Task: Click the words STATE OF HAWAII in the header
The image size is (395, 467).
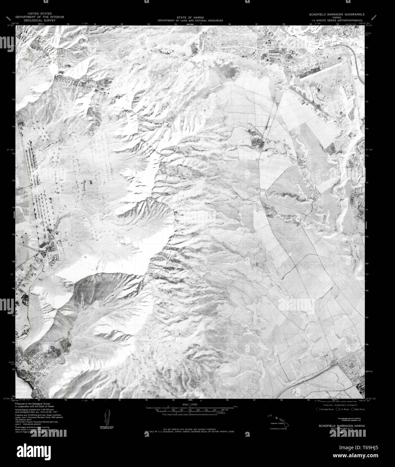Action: click(x=190, y=17)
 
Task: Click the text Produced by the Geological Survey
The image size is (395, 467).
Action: click(x=35, y=404)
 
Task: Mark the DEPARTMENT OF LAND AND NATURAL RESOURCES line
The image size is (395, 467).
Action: click(x=190, y=20)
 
